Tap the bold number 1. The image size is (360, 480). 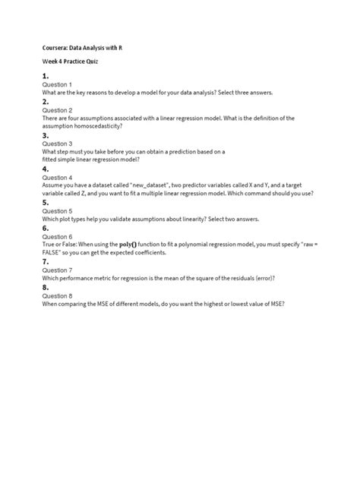pos(46,76)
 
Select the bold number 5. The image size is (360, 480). pos(46,203)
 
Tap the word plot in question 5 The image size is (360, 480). pos(67,219)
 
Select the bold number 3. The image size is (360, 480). pos(46,135)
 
